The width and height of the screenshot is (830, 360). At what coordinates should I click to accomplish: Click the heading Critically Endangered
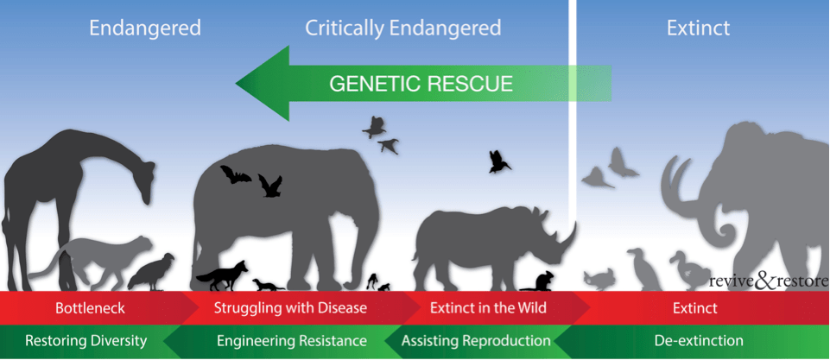coord(402,28)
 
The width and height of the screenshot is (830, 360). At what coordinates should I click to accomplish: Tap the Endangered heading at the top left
coord(145,28)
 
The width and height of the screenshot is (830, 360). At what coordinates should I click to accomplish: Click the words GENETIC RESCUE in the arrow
coord(421,84)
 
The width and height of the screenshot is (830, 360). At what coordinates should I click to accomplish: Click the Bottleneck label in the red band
coord(91,307)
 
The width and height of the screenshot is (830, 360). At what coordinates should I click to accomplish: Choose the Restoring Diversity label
coord(86,340)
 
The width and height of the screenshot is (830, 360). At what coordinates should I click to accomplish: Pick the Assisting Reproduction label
coord(476,340)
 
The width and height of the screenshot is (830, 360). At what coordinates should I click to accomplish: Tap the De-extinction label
coord(699,340)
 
